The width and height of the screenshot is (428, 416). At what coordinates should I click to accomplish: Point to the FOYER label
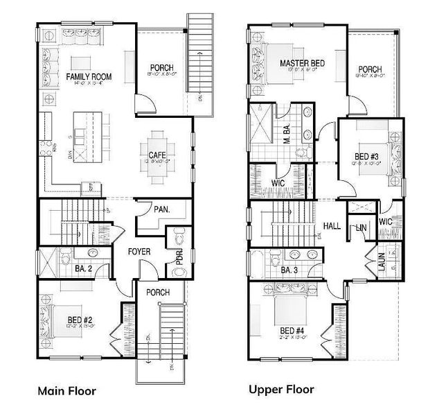pos(141,253)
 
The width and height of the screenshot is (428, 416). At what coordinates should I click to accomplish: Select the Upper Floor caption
pos(282,390)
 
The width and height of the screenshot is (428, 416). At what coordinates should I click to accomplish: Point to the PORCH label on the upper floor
pos(371,69)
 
